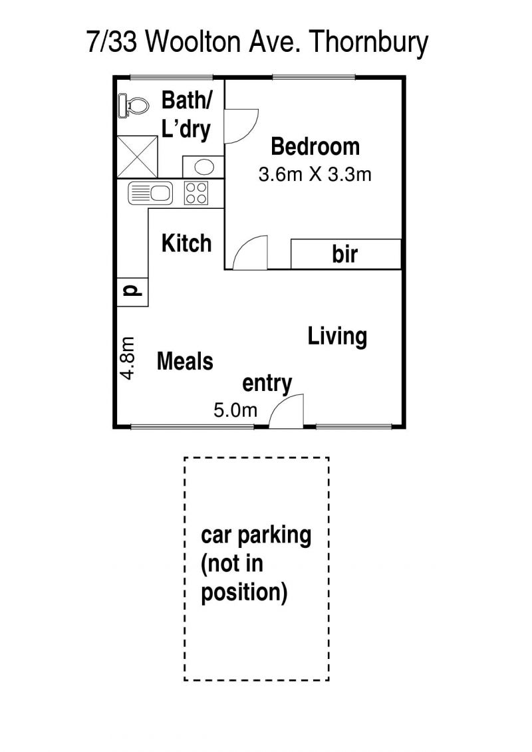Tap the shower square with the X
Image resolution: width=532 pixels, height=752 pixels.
tap(137, 156)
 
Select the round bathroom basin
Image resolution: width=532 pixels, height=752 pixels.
tap(203, 167)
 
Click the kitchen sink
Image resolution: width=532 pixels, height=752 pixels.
tap(150, 193)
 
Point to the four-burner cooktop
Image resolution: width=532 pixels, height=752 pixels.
tap(196, 193)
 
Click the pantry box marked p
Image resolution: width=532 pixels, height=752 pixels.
tap(132, 292)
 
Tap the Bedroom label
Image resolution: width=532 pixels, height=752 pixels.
tap(315, 146)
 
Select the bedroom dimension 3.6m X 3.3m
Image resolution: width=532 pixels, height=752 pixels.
tap(315, 174)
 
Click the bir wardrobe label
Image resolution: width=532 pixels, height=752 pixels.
tap(345, 254)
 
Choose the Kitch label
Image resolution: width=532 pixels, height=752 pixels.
tap(187, 243)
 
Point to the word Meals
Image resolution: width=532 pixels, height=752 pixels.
tap(185, 361)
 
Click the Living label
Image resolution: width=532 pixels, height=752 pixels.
tap(337, 336)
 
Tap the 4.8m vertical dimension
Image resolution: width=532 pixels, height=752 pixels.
tap(128, 358)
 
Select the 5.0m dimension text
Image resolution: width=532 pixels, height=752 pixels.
tap(235, 410)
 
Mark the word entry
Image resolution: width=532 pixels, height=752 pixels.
tap(267, 384)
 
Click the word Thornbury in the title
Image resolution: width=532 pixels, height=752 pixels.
tap(368, 42)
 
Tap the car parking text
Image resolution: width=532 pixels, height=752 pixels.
tap(256, 535)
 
